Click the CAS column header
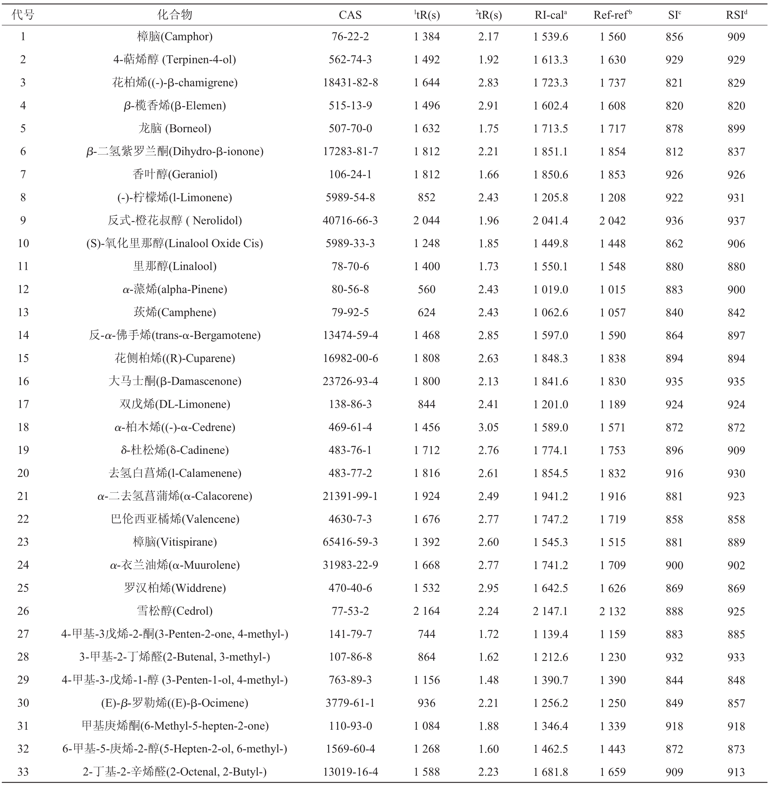click(x=350, y=15)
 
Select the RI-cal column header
click(x=550, y=15)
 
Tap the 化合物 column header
click(x=174, y=15)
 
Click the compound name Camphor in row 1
click(x=174, y=37)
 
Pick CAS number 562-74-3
click(x=350, y=60)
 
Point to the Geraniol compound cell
click(x=174, y=174)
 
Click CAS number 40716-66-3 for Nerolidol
click(x=350, y=220)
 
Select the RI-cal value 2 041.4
click(x=550, y=220)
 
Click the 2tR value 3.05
click(x=488, y=427)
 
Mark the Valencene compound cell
click(x=174, y=519)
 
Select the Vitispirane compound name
click(x=174, y=542)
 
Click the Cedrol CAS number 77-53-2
click(x=350, y=611)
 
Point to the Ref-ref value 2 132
click(x=613, y=611)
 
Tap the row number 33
click(x=23, y=772)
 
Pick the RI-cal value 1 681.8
click(x=550, y=772)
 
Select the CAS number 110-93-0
click(x=350, y=726)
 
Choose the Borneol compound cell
click(x=174, y=129)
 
